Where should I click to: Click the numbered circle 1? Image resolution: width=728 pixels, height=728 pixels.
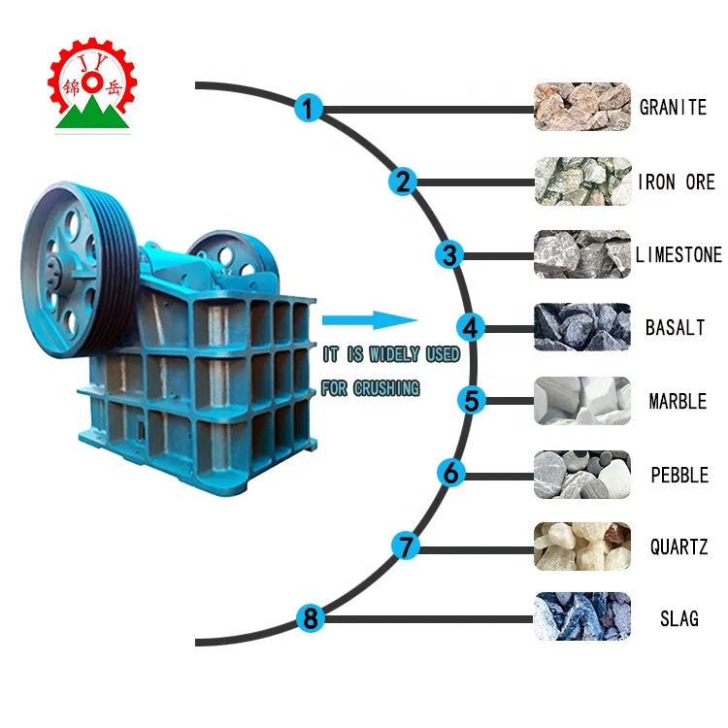click(x=308, y=108)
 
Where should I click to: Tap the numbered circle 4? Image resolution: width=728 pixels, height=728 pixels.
click(x=471, y=327)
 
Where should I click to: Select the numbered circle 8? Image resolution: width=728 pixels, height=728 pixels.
click(x=309, y=617)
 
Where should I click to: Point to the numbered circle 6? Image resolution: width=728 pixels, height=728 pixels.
click(x=450, y=474)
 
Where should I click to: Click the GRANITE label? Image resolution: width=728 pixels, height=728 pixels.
click(x=673, y=107)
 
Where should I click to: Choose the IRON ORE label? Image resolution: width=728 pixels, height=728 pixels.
click(x=676, y=182)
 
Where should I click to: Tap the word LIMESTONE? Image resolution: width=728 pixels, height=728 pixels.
click(x=678, y=255)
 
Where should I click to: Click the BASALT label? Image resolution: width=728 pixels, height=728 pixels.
click(x=675, y=328)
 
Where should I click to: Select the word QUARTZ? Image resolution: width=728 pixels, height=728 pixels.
click(x=678, y=546)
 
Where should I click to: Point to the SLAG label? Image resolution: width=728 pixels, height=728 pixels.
click(x=678, y=618)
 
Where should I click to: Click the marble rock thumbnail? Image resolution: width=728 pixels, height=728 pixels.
click(x=581, y=401)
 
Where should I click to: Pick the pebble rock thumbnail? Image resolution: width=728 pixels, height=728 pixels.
click(x=581, y=474)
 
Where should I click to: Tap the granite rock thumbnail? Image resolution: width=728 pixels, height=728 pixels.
click(x=581, y=107)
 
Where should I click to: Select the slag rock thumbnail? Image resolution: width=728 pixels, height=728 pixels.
click(x=581, y=617)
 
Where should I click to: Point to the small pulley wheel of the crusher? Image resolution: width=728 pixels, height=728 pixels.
click(x=232, y=254)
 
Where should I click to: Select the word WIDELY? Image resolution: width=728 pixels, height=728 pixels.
click(x=393, y=355)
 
